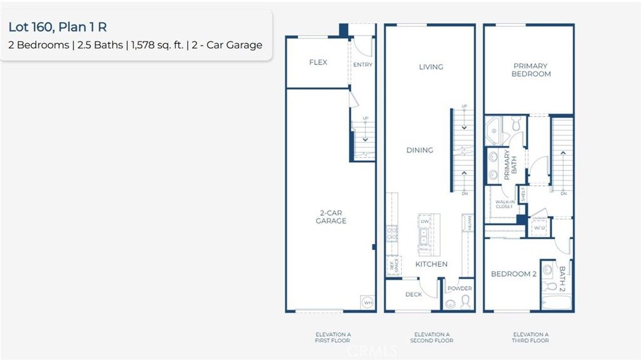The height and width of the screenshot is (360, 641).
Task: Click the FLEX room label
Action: click(x=318, y=63)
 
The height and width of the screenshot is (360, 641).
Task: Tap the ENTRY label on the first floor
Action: click(x=362, y=64)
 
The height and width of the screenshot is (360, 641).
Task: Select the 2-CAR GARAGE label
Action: click(x=330, y=217)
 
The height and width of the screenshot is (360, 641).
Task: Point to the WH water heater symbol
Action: click(x=368, y=302)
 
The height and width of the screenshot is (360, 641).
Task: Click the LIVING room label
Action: click(x=431, y=67)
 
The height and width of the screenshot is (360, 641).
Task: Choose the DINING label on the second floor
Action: click(x=419, y=150)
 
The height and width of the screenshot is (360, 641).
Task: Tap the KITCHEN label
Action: click(x=431, y=264)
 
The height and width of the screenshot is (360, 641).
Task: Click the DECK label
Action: click(x=413, y=294)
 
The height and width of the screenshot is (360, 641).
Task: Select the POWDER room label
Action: click(x=460, y=289)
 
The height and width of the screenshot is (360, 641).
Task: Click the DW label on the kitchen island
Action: click(x=424, y=222)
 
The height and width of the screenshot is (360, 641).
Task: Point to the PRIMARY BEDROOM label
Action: click(x=531, y=69)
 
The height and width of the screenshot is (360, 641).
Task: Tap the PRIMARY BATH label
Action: click(x=510, y=165)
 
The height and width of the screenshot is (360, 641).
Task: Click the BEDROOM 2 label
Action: click(x=513, y=274)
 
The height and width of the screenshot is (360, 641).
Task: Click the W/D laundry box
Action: click(x=538, y=229)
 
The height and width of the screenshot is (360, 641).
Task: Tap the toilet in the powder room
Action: click(x=465, y=302)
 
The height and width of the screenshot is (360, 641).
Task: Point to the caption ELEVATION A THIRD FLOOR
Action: click(x=530, y=337)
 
